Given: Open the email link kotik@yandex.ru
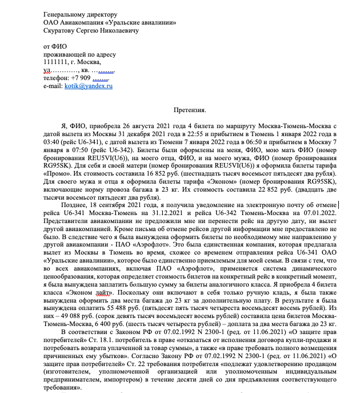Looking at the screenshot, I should (x=88, y=85).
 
